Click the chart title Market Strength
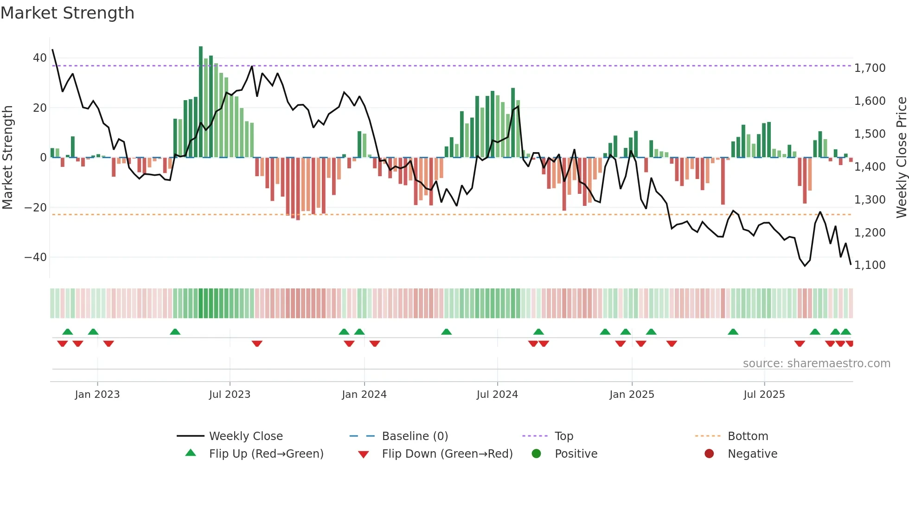(x=67, y=13)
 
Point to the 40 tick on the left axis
(x=39, y=58)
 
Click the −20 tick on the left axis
(x=36, y=207)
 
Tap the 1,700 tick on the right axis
(x=870, y=68)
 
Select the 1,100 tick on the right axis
(x=870, y=265)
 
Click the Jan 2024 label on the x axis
(x=364, y=395)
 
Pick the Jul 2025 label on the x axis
(x=764, y=395)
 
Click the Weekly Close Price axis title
(x=901, y=158)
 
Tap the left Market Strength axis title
(x=8, y=158)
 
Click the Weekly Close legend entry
(x=245, y=436)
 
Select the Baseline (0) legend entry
(x=415, y=436)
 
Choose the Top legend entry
(x=563, y=436)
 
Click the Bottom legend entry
(x=748, y=436)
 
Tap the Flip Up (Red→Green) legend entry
(x=266, y=454)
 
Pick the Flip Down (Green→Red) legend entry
(x=447, y=454)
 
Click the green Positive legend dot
(x=537, y=454)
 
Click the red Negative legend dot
(x=709, y=454)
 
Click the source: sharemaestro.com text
(x=816, y=364)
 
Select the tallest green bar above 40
(x=201, y=102)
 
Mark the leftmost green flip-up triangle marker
(x=68, y=332)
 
